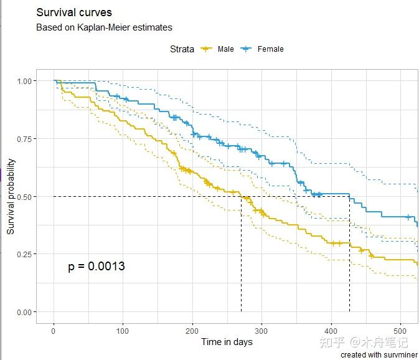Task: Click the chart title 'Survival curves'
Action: click(x=74, y=12)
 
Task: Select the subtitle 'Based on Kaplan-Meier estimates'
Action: click(x=104, y=27)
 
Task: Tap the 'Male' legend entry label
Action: click(x=225, y=49)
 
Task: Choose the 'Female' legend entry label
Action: click(x=270, y=49)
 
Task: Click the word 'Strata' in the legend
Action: click(x=182, y=49)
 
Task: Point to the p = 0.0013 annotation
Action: click(x=97, y=267)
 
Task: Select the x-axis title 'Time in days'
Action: click(x=227, y=342)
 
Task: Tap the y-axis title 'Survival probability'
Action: click(x=11, y=196)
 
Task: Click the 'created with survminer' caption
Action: click(x=379, y=354)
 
